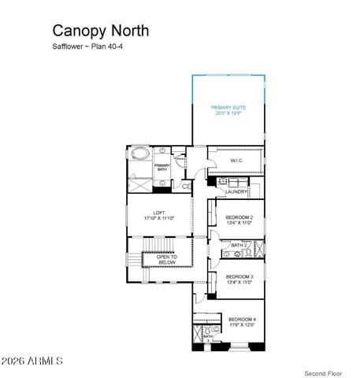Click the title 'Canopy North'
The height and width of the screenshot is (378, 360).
(x=100, y=31)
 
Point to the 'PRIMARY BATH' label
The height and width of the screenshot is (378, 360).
(x=161, y=166)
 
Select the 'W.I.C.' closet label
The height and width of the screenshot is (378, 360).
(x=236, y=161)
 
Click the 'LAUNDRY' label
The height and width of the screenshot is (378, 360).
(x=236, y=191)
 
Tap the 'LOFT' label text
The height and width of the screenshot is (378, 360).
(x=158, y=212)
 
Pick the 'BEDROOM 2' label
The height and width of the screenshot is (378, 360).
(x=239, y=217)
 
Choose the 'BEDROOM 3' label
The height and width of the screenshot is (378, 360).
(x=239, y=276)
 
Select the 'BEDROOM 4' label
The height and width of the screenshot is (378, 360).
(x=243, y=319)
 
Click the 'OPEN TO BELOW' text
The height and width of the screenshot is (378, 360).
(x=167, y=258)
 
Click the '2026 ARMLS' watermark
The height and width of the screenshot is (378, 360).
(x=33, y=361)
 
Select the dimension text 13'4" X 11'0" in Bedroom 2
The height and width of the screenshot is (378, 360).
(x=239, y=223)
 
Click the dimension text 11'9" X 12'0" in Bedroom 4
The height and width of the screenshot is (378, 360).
(x=243, y=324)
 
